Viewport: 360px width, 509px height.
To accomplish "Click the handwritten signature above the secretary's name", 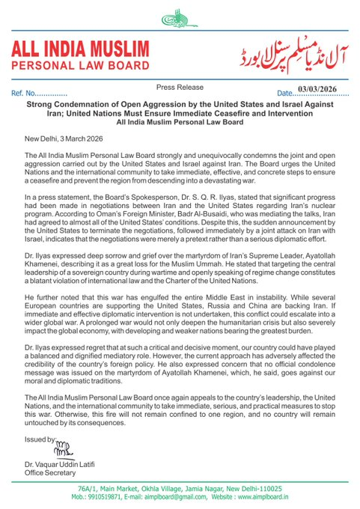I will (43, 452).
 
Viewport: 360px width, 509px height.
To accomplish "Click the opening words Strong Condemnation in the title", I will (64, 106).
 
